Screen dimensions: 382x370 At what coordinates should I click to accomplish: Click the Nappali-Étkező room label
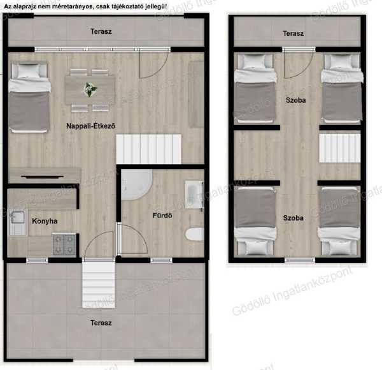click(90, 126)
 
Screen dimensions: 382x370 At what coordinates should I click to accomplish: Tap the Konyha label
click(45, 221)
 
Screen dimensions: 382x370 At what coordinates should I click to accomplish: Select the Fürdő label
click(162, 216)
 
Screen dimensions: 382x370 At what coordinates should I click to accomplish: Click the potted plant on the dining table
click(90, 89)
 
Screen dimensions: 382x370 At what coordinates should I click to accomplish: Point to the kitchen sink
click(18, 222)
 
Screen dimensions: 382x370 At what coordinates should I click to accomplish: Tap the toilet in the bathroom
click(195, 234)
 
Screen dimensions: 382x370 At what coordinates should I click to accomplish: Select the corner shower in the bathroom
click(137, 185)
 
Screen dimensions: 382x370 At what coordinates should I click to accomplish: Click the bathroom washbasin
click(194, 195)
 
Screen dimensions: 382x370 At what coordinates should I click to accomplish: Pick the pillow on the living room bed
click(29, 71)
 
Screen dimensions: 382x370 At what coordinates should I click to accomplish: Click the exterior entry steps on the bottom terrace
click(99, 284)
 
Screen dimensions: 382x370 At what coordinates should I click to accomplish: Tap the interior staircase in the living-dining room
click(148, 149)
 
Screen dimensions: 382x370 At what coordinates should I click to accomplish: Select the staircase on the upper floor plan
click(340, 148)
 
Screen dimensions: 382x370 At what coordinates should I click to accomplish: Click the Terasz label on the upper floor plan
click(293, 33)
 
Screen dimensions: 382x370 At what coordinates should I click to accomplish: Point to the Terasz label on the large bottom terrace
click(101, 323)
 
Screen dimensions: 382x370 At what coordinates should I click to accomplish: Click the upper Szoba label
click(296, 100)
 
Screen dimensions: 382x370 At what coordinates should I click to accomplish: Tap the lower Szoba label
click(294, 218)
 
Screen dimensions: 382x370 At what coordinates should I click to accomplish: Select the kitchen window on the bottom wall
click(37, 260)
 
